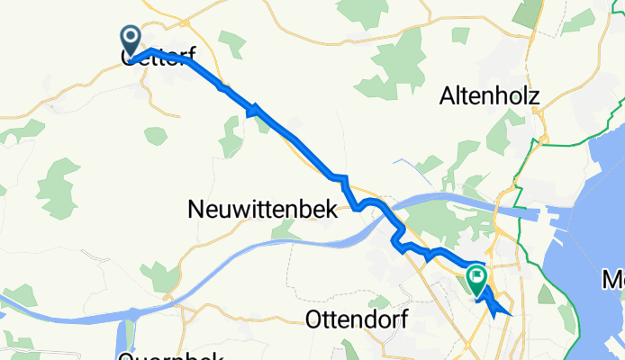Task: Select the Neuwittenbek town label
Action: click(262, 210)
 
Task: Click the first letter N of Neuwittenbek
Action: click(195, 210)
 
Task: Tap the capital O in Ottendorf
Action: click(314, 319)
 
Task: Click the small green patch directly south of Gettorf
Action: click(156, 135)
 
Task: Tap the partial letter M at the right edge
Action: click(616, 281)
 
